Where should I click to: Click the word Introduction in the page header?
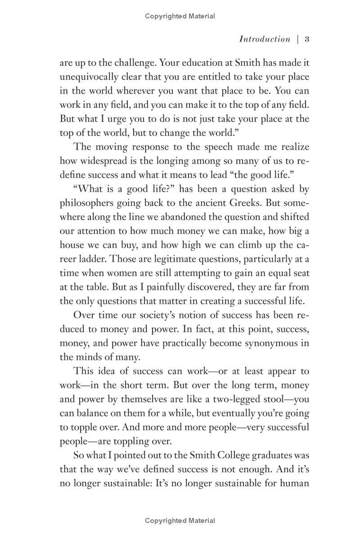pyautogui.click(x=265, y=39)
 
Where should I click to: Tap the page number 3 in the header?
pyautogui.click(x=306, y=39)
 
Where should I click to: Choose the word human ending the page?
pyautogui.click(x=293, y=483)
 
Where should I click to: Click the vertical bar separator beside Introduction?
pyautogui.click(x=298, y=39)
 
